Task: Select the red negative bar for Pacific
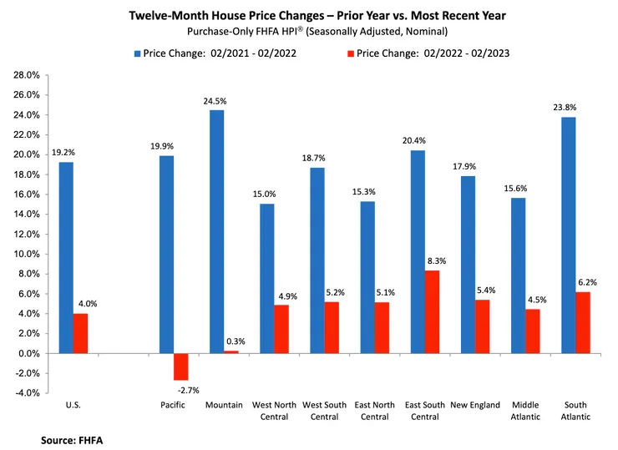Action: pyautogui.click(x=180, y=367)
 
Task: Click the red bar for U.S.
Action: pyautogui.click(x=80, y=333)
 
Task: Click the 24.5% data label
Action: pyautogui.click(x=215, y=101)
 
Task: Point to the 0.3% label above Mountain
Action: pyautogui.click(x=236, y=341)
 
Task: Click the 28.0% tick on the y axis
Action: pyautogui.click(x=26, y=75)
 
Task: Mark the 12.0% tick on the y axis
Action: pyautogui.click(x=26, y=234)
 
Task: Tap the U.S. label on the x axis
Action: pyautogui.click(x=73, y=406)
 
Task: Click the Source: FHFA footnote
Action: pyautogui.click(x=70, y=437)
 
